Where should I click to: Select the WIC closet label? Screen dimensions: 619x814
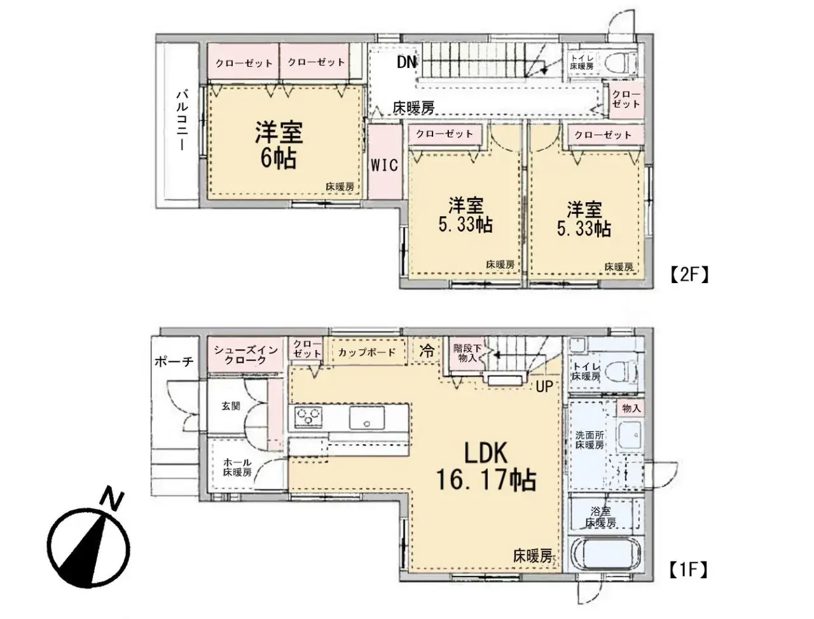(x=384, y=165)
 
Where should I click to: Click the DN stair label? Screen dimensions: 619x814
(x=406, y=62)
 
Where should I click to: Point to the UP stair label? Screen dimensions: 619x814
(x=543, y=386)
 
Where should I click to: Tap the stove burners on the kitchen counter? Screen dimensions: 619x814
(x=308, y=418)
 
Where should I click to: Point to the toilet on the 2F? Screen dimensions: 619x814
(x=619, y=63)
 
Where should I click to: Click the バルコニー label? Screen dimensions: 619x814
(x=181, y=120)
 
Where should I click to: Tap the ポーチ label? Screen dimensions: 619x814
(x=174, y=362)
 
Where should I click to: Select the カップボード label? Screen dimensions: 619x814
(x=367, y=352)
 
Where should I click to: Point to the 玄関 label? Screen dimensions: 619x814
(x=231, y=406)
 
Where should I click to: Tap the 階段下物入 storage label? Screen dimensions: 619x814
(x=467, y=354)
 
